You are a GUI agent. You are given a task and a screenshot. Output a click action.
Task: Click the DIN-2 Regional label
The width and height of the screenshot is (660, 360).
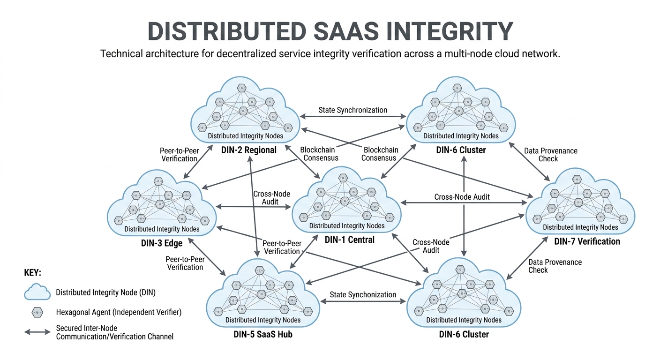coord(249,150)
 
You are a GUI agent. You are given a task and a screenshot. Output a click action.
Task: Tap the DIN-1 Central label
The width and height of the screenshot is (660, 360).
coord(350,240)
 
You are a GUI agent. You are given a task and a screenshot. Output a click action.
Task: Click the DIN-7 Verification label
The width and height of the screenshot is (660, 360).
coord(587,241)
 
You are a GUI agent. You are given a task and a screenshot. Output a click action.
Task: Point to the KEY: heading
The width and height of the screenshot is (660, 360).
coord(33,273)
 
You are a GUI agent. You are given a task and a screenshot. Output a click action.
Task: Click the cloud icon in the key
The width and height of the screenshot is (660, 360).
coord(37,292)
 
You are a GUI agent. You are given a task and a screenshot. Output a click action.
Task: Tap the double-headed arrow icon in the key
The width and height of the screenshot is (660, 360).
coord(37,332)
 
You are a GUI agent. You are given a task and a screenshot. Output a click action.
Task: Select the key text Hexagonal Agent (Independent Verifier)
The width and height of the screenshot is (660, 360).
coord(119,312)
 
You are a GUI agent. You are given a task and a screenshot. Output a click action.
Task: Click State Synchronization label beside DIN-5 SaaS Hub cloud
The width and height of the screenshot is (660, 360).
coord(363,295)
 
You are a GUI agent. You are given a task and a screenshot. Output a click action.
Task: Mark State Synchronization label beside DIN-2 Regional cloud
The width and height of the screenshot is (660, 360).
coord(352,110)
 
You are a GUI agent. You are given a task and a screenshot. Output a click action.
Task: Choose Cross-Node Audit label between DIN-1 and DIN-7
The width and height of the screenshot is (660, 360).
coord(462,197)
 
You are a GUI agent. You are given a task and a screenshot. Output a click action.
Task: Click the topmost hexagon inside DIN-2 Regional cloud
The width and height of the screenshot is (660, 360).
coord(242,88)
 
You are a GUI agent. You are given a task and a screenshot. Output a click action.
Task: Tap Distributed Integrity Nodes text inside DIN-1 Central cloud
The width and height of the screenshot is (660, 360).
coord(347,226)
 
